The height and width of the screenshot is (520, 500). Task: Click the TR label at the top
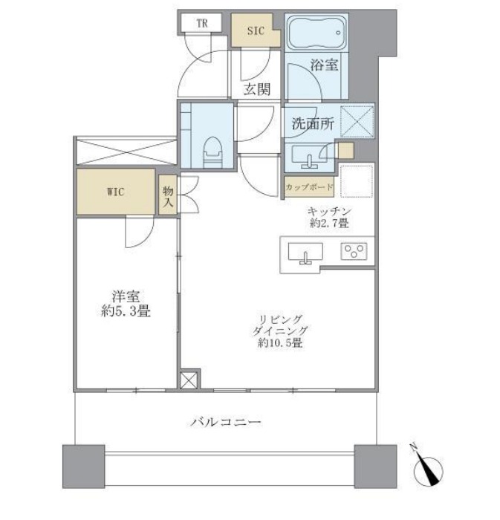click(x=202, y=24)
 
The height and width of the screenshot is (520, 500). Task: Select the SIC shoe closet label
click(x=256, y=31)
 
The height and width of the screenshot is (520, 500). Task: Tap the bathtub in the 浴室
click(x=316, y=32)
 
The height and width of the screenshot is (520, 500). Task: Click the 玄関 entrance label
click(x=257, y=89)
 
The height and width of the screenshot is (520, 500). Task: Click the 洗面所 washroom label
click(x=313, y=124)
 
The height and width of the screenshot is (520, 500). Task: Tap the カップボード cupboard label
click(x=309, y=187)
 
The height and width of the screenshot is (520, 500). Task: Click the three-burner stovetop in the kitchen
click(x=354, y=251)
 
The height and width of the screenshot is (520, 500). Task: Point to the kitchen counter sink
click(x=305, y=253)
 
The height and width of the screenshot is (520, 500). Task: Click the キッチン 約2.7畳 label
click(x=329, y=217)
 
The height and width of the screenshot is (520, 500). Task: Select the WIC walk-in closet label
click(x=115, y=192)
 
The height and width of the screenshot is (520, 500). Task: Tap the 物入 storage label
click(x=168, y=197)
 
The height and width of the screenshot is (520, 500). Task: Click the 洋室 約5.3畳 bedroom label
click(x=126, y=303)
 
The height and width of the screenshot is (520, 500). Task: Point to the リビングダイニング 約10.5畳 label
click(x=281, y=331)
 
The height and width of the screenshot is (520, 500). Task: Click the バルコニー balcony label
click(x=225, y=422)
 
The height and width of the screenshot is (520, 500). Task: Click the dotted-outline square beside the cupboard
click(x=357, y=181)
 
